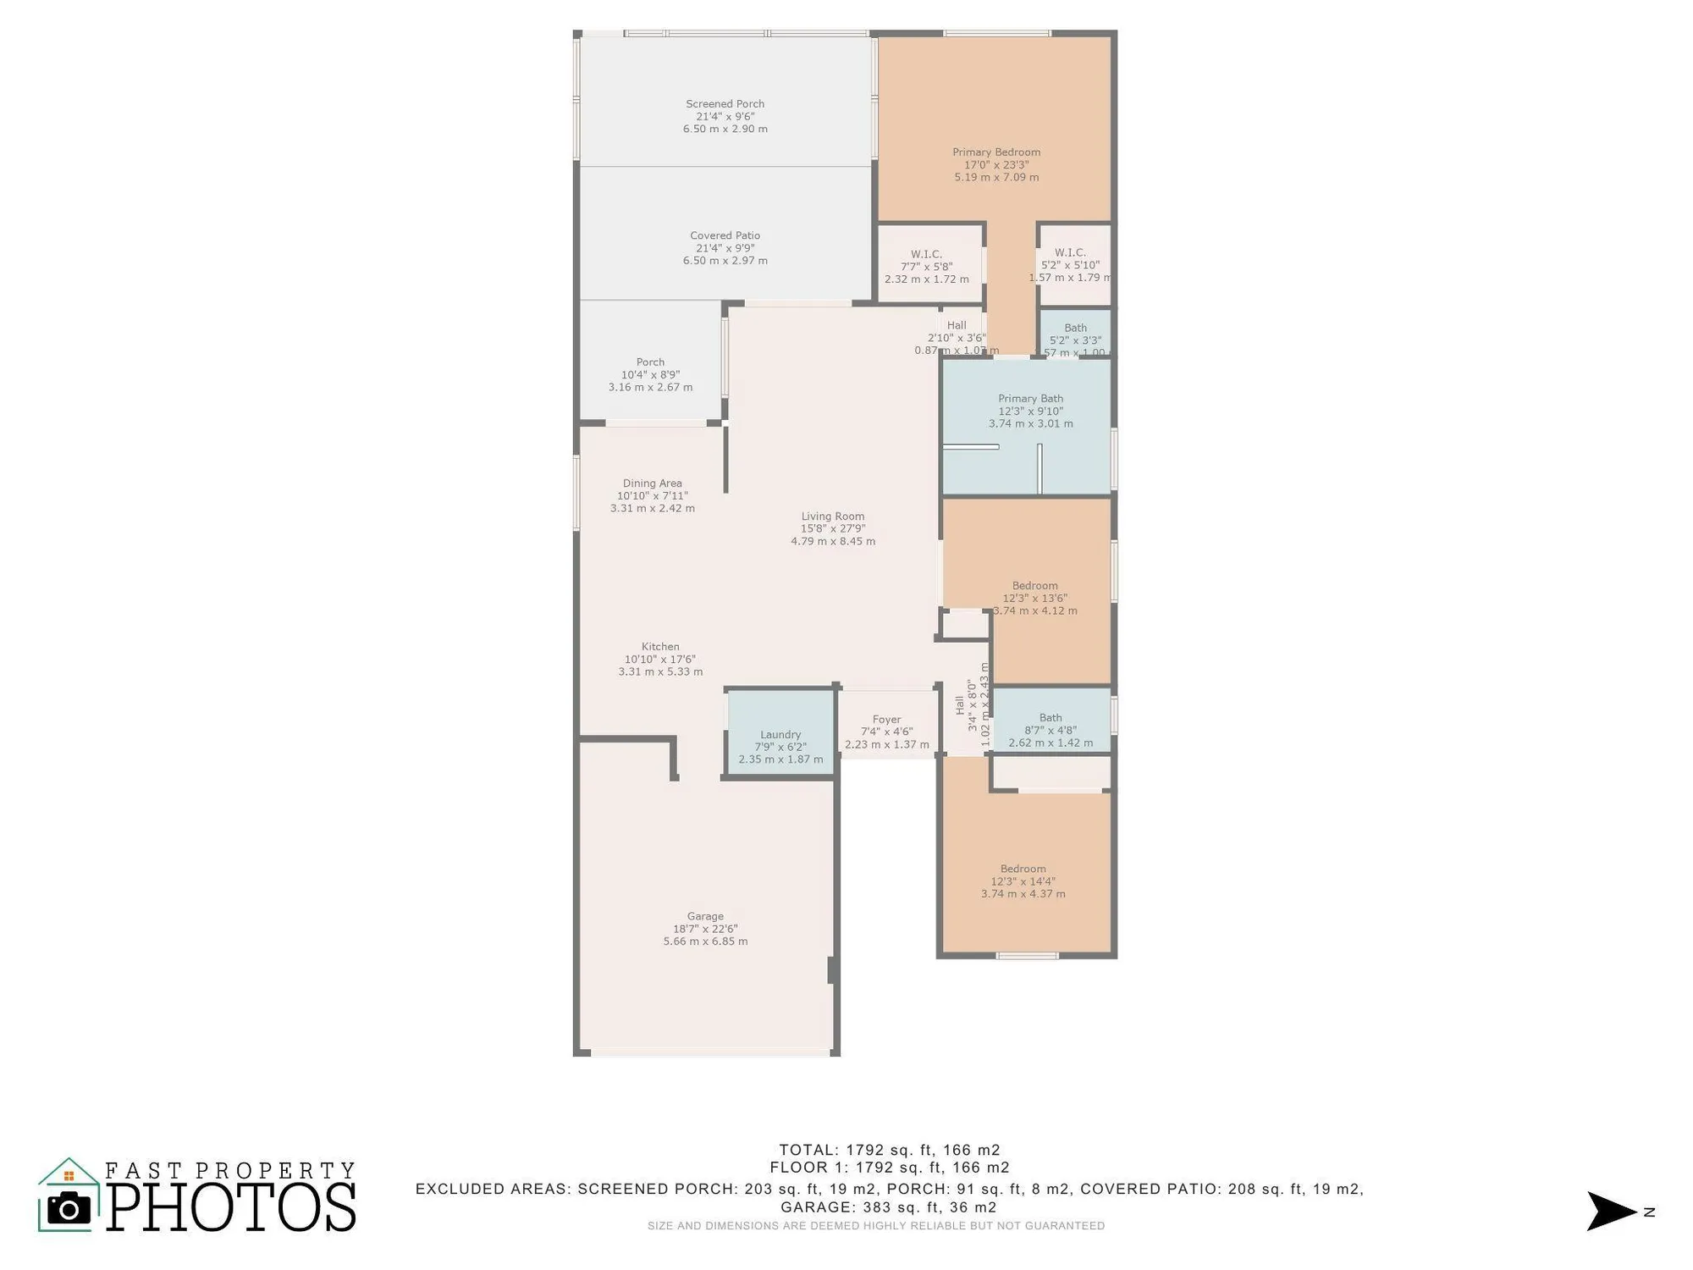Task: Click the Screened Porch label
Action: tap(725, 104)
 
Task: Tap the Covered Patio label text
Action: tap(725, 236)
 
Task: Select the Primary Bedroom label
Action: tap(996, 152)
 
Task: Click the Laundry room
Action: tap(780, 735)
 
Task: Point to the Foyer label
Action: tap(886, 720)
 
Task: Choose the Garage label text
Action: tap(705, 916)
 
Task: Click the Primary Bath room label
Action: tap(1030, 399)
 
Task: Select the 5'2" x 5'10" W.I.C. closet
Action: tap(1071, 265)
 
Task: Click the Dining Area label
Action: tap(652, 483)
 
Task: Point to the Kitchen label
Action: tap(660, 647)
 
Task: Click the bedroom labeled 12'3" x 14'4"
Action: tap(1023, 881)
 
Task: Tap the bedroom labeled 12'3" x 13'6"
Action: tap(1034, 598)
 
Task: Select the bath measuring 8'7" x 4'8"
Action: tap(1051, 730)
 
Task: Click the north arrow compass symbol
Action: tap(1611, 1211)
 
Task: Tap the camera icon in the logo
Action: tap(69, 1208)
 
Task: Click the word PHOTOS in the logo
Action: tap(231, 1207)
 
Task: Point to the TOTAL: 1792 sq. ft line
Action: tap(889, 1150)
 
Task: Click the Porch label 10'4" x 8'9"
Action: tap(650, 374)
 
